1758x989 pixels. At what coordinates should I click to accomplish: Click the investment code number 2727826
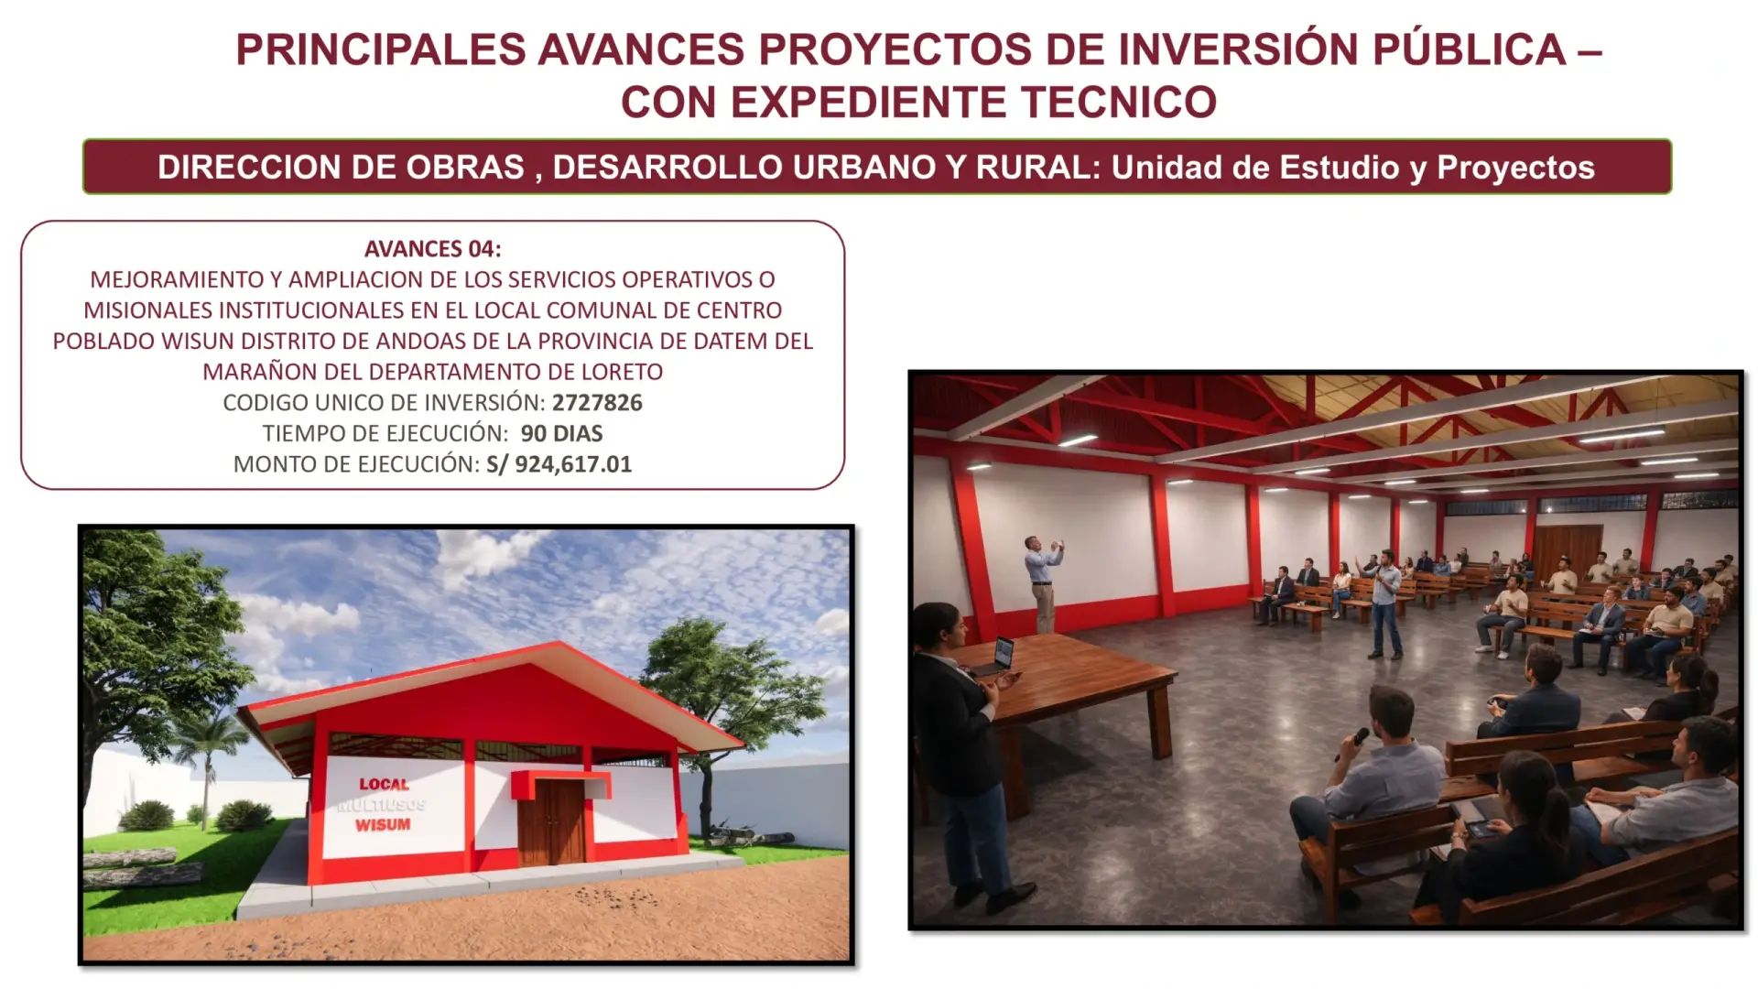click(x=597, y=403)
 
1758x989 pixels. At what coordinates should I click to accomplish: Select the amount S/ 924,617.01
click(x=559, y=464)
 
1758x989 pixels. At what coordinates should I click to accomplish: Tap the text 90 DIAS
click(x=562, y=433)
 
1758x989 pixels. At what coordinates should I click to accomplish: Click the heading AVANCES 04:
click(x=432, y=249)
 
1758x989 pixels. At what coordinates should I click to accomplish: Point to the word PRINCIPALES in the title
click(x=381, y=49)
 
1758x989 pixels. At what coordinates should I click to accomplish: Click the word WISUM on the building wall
click(x=383, y=825)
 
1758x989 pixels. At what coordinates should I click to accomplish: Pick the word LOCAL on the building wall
click(x=384, y=785)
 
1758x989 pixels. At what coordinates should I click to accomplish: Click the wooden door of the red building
click(x=551, y=822)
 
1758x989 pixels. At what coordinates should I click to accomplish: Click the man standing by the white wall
click(x=1043, y=584)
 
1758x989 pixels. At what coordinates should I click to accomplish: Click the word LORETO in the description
click(x=622, y=372)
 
